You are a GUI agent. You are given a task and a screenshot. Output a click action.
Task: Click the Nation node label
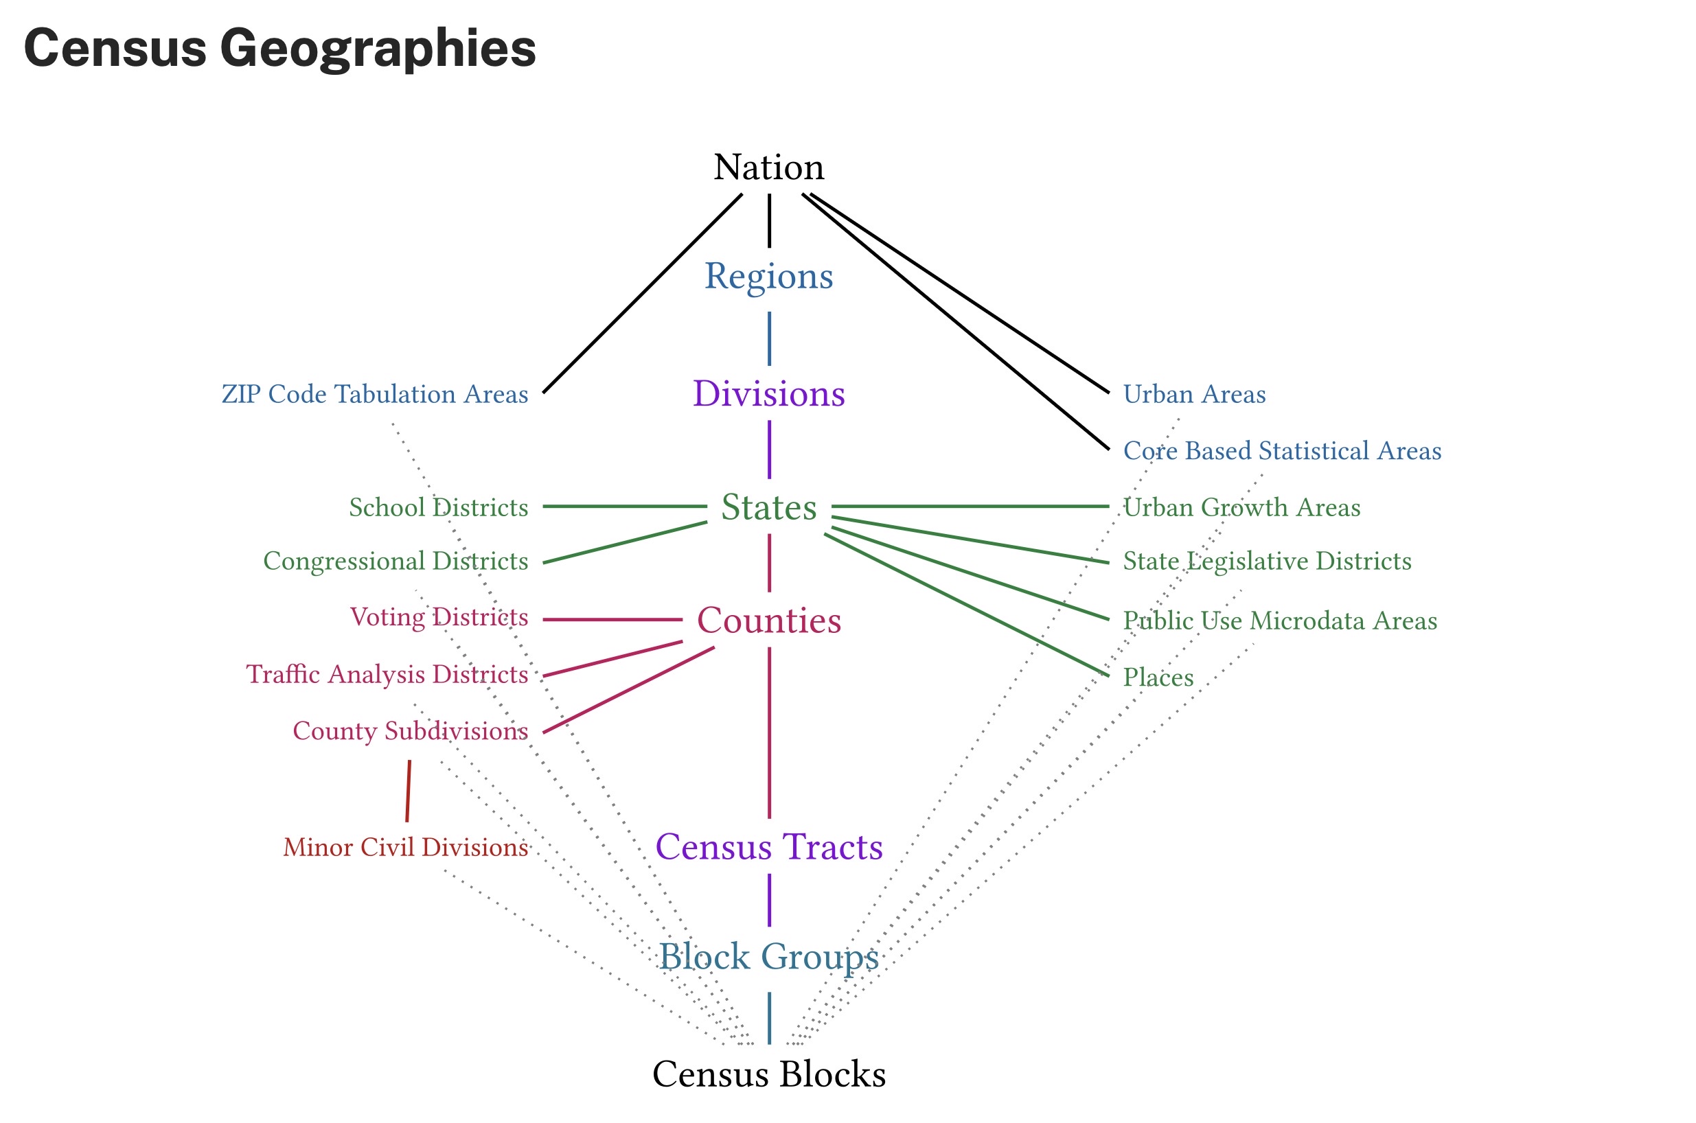click(768, 167)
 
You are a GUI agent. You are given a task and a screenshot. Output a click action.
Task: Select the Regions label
click(768, 277)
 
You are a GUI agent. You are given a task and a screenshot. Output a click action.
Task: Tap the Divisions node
click(768, 394)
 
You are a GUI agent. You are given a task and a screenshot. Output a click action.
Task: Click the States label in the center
click(768, 507)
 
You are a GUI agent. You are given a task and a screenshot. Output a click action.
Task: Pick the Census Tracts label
click(768, 847)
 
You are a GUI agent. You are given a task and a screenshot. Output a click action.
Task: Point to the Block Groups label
click(768, 957)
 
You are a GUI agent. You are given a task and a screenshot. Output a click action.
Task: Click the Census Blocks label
click(768, 1074)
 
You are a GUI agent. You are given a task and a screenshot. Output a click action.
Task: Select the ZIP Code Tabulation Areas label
click(375, 395)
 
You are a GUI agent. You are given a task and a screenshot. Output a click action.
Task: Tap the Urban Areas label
click(1194, 395)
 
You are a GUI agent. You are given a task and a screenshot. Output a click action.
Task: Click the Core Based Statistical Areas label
click(1282, 451)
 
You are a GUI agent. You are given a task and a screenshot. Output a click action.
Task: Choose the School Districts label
click(438, 508)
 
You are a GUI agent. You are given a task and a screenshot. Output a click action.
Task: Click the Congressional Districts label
click(396, 561)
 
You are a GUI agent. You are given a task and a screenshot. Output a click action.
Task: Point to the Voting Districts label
click(439, 617)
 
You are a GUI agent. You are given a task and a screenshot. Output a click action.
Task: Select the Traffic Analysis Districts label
click(387, 675)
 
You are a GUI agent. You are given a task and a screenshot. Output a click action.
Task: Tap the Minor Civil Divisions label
click(405, 848)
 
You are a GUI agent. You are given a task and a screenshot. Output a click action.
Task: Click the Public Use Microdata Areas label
click(1280, 621)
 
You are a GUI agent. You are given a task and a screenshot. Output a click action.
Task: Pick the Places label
click(1158, 678)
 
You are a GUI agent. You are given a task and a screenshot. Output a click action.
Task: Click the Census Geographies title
click(279, 49)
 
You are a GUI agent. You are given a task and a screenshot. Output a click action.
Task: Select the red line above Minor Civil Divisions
click(409, 791)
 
